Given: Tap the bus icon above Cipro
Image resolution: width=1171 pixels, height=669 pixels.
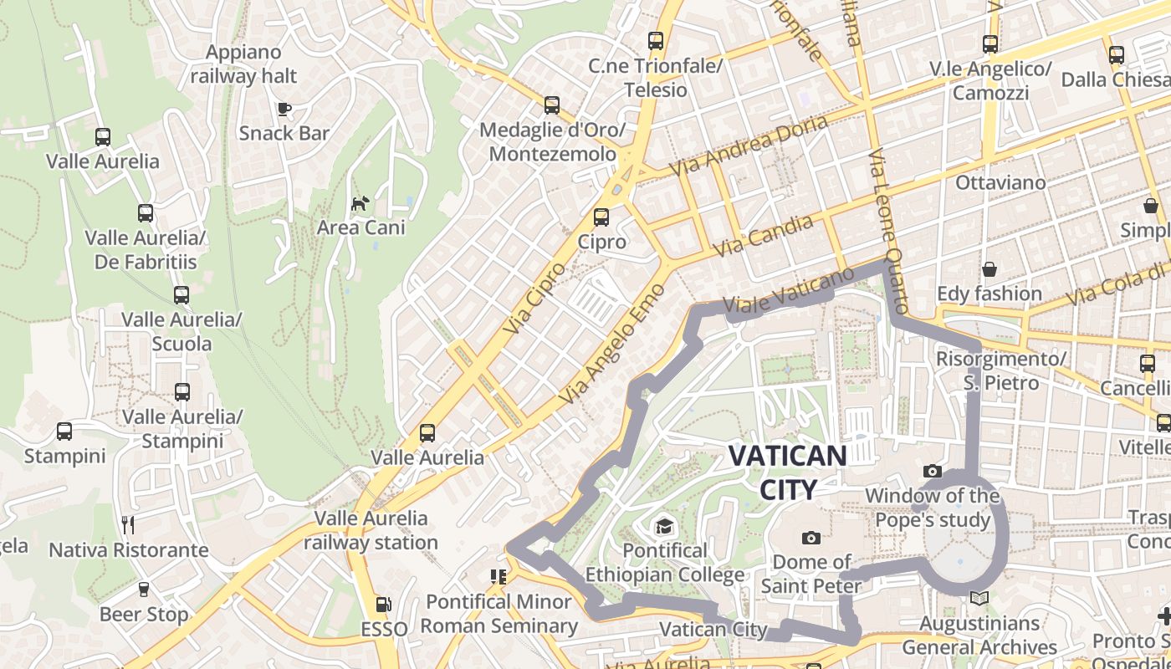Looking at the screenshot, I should [601, 217].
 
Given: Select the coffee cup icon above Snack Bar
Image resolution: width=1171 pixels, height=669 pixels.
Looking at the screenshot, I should [284, 109].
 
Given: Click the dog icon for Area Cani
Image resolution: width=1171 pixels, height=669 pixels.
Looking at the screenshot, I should [360, 203].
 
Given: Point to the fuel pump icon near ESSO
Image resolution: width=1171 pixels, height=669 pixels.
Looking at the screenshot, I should [383, 604].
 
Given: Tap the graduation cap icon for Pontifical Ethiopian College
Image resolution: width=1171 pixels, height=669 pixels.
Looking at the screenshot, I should [664, 526].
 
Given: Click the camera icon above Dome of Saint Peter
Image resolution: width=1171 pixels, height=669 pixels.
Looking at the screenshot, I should [810, 538].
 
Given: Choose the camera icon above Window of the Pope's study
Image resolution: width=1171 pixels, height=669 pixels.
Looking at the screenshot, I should [933, 472].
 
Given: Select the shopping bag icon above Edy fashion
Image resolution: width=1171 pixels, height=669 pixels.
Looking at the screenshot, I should [989, 269].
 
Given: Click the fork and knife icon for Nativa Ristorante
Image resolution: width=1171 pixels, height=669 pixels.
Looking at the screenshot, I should [128, 525].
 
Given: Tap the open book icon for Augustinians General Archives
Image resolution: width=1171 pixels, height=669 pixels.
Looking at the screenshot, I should [979, 599].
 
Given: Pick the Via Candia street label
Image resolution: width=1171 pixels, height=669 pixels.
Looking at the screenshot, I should [762, 237].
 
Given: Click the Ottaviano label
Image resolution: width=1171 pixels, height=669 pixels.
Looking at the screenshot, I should [1000, 182].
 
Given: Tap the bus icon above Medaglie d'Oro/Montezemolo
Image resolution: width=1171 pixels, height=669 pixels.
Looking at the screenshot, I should [552, 105].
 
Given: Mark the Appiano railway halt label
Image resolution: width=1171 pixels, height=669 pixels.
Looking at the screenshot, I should [243, 64].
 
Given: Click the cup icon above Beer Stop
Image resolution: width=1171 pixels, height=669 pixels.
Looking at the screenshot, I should [144, 590].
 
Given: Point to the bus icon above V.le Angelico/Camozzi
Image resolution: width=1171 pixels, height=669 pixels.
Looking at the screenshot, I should [990, 44].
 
